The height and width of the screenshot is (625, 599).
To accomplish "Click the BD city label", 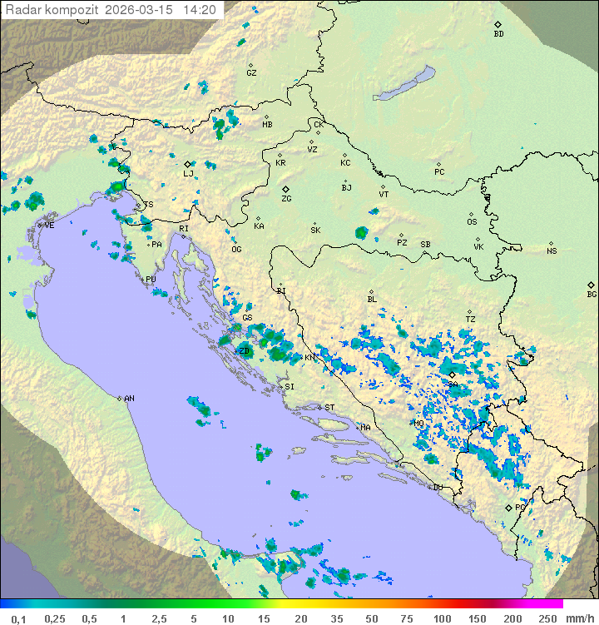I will coord(498,34).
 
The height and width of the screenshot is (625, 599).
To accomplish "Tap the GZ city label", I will coord(251,73).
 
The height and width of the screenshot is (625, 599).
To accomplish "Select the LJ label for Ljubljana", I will coord(188,173).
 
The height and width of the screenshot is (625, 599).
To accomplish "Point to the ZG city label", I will coord(286,199).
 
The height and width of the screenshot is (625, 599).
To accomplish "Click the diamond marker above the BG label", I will coord(592,285).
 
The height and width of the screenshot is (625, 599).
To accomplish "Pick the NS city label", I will coord(552,251).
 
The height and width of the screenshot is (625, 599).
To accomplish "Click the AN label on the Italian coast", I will coord(129,399).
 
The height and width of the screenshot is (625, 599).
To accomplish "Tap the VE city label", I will coord(49,226).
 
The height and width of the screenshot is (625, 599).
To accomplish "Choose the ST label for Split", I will coord(329,407).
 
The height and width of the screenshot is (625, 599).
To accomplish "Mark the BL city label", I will coord(372,300).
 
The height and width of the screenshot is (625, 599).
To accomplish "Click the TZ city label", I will coord(471,320).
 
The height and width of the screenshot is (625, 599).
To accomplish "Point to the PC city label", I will coord(439,172).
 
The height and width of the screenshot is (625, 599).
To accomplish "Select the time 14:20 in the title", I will coord(200,10).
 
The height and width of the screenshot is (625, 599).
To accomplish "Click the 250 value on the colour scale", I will coord(547,618).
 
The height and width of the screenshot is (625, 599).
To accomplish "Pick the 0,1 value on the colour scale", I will coord(18,618).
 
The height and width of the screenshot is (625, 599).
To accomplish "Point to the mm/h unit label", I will coord(578,618).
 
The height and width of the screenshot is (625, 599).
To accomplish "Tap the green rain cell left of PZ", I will coord(361,233).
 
